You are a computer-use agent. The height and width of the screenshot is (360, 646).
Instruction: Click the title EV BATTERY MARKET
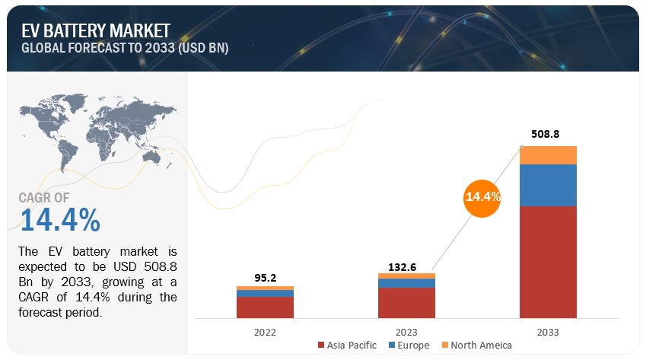tap(96, 30)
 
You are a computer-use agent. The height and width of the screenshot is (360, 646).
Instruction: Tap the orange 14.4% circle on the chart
tap(482, 197)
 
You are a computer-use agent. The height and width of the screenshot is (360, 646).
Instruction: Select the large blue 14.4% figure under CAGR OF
tap(60, 220)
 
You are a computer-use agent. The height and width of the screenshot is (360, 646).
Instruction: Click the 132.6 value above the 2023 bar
tap(406, 263)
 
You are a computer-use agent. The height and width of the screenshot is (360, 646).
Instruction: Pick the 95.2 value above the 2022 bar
tap(265, 276)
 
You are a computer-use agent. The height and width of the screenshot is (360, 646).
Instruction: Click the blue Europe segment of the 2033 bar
tap(548, 185)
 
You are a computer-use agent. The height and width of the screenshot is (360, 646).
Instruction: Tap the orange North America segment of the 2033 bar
tap(548, 155)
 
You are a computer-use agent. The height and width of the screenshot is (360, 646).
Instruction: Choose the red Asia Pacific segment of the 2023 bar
tap(406, 302)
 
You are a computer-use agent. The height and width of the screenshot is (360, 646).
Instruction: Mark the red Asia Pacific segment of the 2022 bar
tap(265, 307)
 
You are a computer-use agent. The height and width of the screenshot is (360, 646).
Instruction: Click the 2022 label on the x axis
tap(265, 333)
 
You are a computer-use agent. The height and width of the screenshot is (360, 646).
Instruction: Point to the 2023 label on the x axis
tap(406, 333)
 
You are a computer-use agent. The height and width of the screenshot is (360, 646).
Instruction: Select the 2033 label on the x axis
tap(548, 333)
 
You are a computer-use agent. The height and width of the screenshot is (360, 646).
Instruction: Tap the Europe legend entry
tap(411, 346)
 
